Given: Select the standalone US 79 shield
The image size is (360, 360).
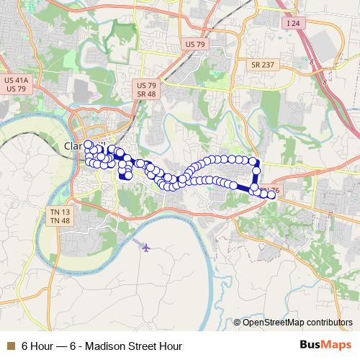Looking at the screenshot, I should (195, 45).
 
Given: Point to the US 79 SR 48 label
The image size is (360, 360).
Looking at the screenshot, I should (146, 89).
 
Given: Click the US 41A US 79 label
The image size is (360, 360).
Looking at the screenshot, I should (16, 84).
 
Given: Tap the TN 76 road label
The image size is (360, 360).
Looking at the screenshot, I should (269, 191).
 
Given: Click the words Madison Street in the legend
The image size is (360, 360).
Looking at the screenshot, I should (120, 346).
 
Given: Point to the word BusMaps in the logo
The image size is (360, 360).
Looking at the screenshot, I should (325, 346).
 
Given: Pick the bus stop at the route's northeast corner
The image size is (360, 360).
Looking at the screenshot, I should (253, 161).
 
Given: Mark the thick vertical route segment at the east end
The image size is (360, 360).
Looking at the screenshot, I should (256, 176).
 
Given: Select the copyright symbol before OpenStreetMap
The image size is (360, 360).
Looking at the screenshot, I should (238, 322).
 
